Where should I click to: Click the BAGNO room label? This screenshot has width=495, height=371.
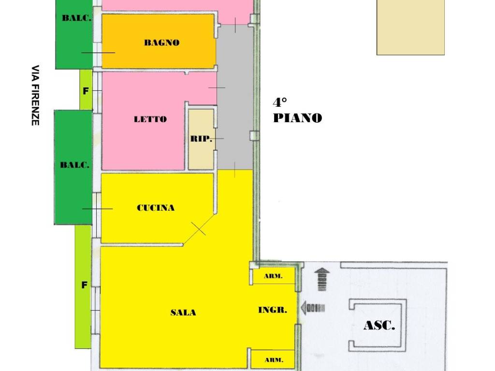point(161,43)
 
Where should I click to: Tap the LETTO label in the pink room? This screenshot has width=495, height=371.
point(150,119)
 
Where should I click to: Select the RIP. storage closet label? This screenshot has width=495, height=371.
point(201,139)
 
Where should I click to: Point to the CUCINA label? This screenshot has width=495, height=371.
point(156,208)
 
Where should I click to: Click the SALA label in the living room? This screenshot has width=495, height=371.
point(183,313)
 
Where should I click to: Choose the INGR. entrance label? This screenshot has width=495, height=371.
point(273,310)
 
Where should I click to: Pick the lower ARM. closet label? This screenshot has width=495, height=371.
point(274,360)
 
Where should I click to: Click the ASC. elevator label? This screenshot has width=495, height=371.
point(379,326)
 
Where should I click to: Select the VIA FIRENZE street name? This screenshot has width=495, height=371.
point(35,95)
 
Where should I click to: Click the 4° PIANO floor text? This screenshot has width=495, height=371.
point(297,111)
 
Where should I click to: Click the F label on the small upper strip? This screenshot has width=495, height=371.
point(86,90)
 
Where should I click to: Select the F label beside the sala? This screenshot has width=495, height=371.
point(84,285)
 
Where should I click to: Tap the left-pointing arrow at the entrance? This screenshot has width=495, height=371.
point(312,307)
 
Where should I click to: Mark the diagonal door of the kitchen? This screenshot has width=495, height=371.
point(198,229)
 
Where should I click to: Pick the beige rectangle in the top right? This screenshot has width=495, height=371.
point(410,27)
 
